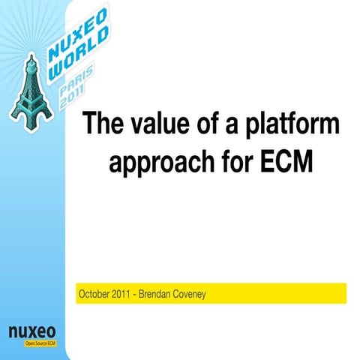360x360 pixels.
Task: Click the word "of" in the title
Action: [211, 124]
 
